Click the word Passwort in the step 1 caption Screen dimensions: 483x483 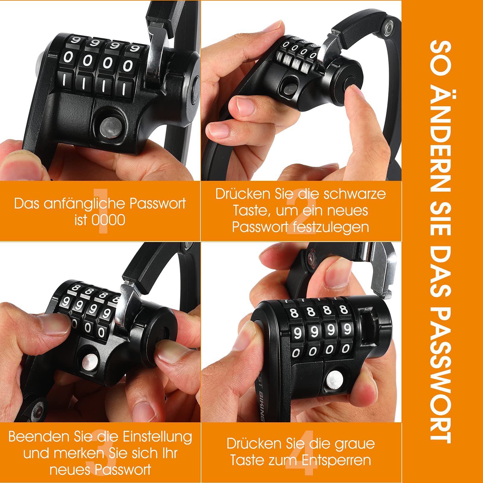158,204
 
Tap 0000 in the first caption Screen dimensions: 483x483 108,220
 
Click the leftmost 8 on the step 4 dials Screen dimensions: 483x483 294,313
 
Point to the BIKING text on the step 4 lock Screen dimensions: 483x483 262,406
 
